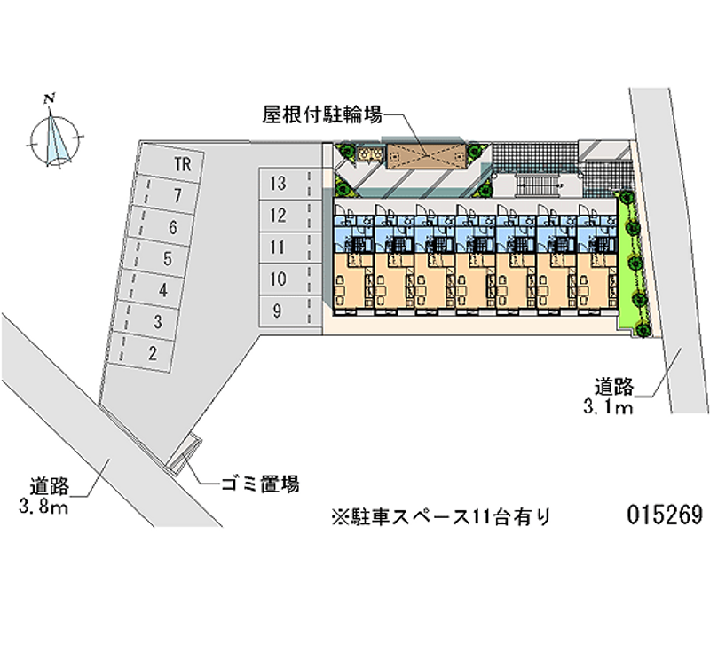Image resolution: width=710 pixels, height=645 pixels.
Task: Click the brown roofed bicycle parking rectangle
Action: point(425,154)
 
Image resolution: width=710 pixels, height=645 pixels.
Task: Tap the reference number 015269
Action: point(664,515)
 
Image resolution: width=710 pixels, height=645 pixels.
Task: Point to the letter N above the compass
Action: point(54,97)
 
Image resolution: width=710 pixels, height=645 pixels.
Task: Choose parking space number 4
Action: point(162,290)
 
